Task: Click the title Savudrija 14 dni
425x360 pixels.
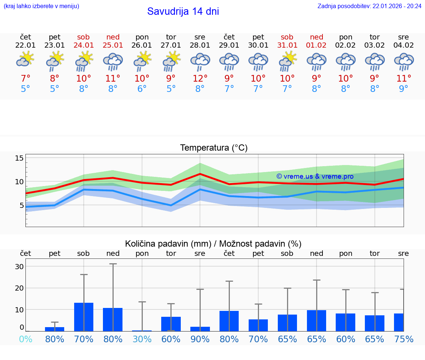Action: [183, 11]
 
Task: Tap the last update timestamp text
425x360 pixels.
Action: [369, 6]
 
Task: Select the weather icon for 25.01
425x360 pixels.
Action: [113, 62]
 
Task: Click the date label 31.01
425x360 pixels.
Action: [287, 45]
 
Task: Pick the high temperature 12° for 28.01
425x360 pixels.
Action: [200, 78]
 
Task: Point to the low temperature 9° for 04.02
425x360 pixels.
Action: [404, 89]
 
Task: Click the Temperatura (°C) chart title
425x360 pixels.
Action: [214, 148]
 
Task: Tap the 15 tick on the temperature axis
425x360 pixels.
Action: [19, 158]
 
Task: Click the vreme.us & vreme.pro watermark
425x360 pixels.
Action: [315, 176]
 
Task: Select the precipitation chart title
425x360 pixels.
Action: [213, 244]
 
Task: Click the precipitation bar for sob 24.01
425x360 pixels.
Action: [84, 317]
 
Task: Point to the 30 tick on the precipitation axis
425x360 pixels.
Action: [19, 267]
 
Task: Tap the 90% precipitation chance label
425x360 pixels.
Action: [200, 339]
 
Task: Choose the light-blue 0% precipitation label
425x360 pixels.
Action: [25, 339]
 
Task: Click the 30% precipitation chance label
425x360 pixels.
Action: [142, 339]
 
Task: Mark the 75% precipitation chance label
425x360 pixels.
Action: [404, 339]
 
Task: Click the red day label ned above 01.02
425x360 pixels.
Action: [317, 37]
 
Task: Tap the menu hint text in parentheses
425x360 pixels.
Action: [41, 6]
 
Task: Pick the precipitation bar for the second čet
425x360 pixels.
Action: [229, 321]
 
